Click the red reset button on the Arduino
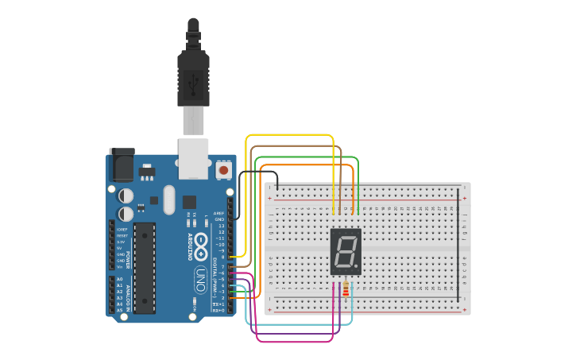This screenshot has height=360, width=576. tap(224, 170)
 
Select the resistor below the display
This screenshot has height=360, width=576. tap(346, 291)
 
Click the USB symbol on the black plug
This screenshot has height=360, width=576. tap(193, 79)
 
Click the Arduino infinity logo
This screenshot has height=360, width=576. tap(201, 242)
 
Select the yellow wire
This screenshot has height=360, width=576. tap(290, 136)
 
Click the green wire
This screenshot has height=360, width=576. tap(306, 157)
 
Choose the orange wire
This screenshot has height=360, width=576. tap(306, 165)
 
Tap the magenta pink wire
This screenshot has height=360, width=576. tap(294, 342)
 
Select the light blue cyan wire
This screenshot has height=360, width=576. tap(302, 324)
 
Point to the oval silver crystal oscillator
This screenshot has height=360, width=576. tap(168, 199)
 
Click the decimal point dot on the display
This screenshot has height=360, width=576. tap(356, 267)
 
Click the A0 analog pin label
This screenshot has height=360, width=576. tap(120, 280)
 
